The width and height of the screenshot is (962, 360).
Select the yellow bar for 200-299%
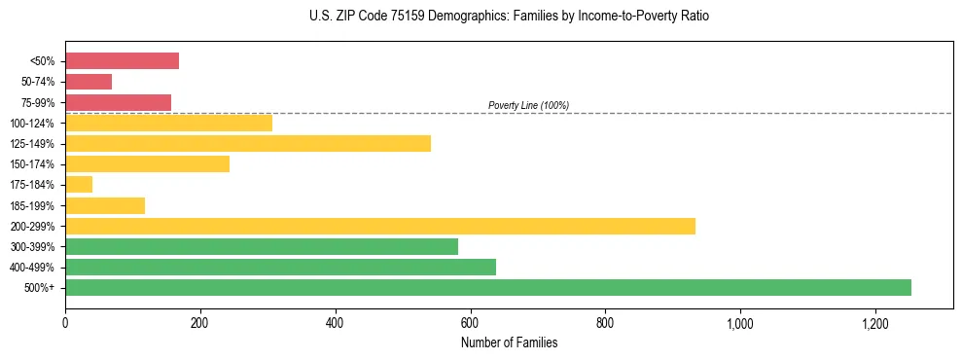point(380,226)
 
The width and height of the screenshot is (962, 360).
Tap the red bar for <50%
point(122,61)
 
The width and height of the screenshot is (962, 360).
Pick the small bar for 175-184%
point(79,185)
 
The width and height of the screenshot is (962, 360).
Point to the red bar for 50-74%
point(89,82)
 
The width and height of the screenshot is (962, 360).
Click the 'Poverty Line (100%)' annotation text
point(528,105)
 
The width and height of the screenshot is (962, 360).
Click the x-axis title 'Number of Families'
point(509,342)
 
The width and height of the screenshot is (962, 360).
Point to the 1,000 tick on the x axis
point(740,322)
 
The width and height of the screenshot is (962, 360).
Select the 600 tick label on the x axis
point(470,322)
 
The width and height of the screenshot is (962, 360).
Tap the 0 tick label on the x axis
point(65,322)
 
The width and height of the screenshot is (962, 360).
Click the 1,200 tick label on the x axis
point(874,322)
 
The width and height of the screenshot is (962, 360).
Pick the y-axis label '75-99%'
point(38,103)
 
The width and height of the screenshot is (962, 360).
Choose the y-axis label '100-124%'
point(34,124)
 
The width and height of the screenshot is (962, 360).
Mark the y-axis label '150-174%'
point(34,164)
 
